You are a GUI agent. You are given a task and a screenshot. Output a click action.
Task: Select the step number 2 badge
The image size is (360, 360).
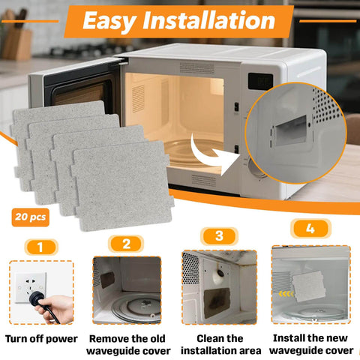[126, 244]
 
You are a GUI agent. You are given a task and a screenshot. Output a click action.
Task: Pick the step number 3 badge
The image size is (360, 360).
[219, 235]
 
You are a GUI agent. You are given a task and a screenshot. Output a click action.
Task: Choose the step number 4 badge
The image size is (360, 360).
[310, 228]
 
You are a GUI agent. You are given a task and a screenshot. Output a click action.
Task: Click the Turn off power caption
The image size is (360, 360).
[42, 338]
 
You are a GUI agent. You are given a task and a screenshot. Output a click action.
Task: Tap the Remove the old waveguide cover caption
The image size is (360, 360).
[130, 344]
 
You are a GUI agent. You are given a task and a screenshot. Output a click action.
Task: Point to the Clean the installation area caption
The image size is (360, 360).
[220, 344]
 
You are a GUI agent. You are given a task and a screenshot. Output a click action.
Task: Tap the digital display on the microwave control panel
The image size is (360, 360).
[259, 80]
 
